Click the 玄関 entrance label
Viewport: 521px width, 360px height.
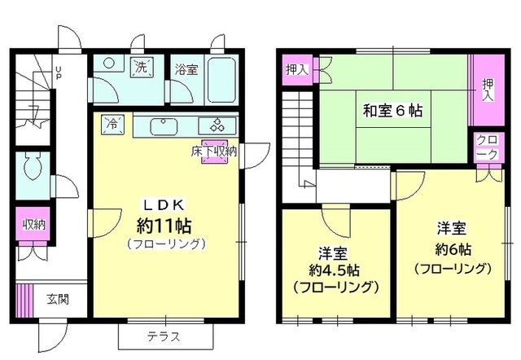(56, 298)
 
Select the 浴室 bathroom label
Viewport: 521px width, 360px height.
(185, 70)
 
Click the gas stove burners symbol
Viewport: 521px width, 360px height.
(220, 125)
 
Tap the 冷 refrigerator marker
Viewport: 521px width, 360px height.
(112, 124)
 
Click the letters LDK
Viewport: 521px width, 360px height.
(167, 203)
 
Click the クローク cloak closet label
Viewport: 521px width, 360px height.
(486, 146)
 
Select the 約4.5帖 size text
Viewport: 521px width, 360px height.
(335, 268)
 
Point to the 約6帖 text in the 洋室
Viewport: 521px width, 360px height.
(453, 248)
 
